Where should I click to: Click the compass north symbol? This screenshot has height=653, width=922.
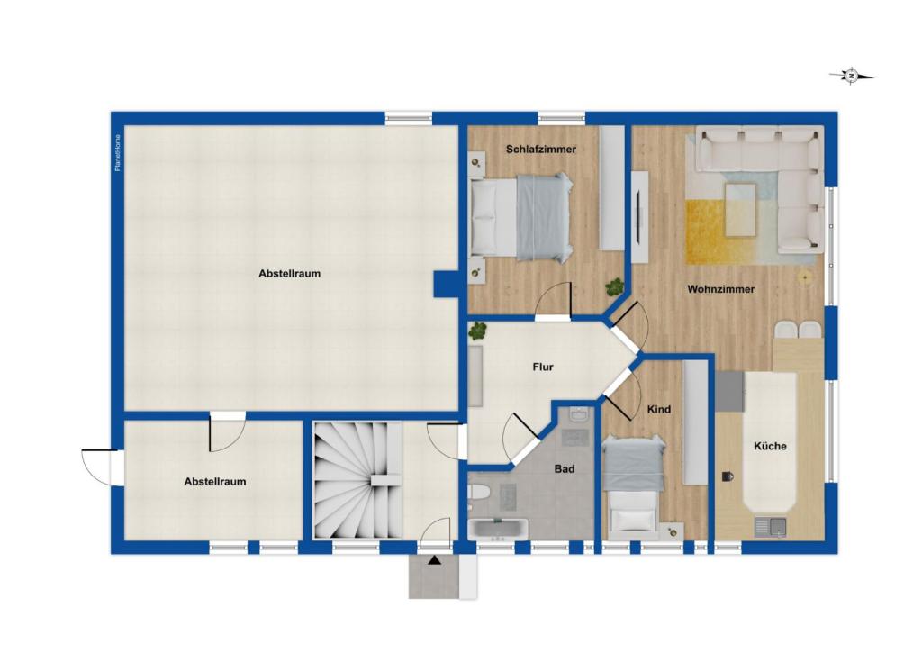851,77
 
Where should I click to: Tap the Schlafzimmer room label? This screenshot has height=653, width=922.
540,149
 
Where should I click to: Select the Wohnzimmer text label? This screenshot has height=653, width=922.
720,289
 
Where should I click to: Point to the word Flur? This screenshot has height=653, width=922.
542,367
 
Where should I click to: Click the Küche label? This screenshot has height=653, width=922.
770,446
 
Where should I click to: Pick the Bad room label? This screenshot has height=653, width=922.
565,469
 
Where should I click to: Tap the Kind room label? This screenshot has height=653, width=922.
659,410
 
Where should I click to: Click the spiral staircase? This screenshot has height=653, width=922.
357,479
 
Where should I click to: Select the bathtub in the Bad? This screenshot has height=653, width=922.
498,529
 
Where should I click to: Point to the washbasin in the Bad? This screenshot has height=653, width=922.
578,415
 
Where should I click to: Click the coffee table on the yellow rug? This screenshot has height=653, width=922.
740,208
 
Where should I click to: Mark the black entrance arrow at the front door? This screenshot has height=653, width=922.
435,561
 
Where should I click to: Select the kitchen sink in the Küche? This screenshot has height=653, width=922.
770,526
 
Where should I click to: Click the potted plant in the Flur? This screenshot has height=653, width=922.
476,331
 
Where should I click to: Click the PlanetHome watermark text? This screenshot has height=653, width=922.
118,153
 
